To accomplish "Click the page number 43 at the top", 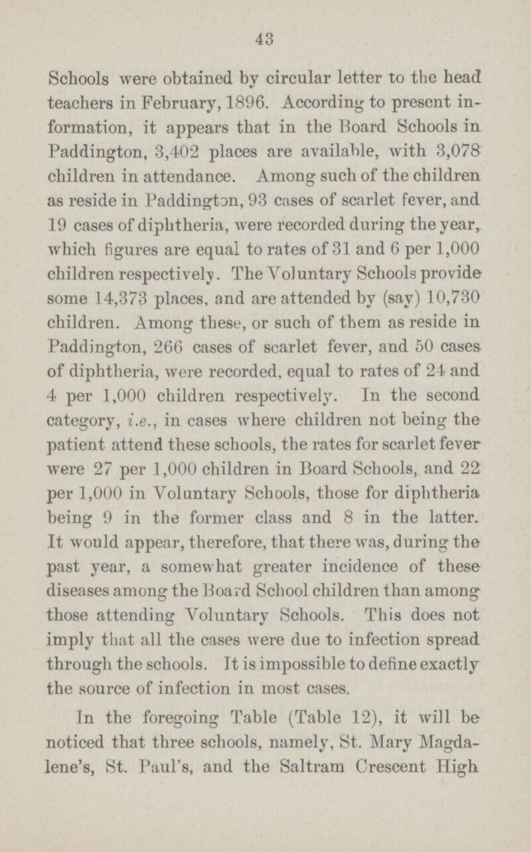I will click(x=265, y=40).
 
